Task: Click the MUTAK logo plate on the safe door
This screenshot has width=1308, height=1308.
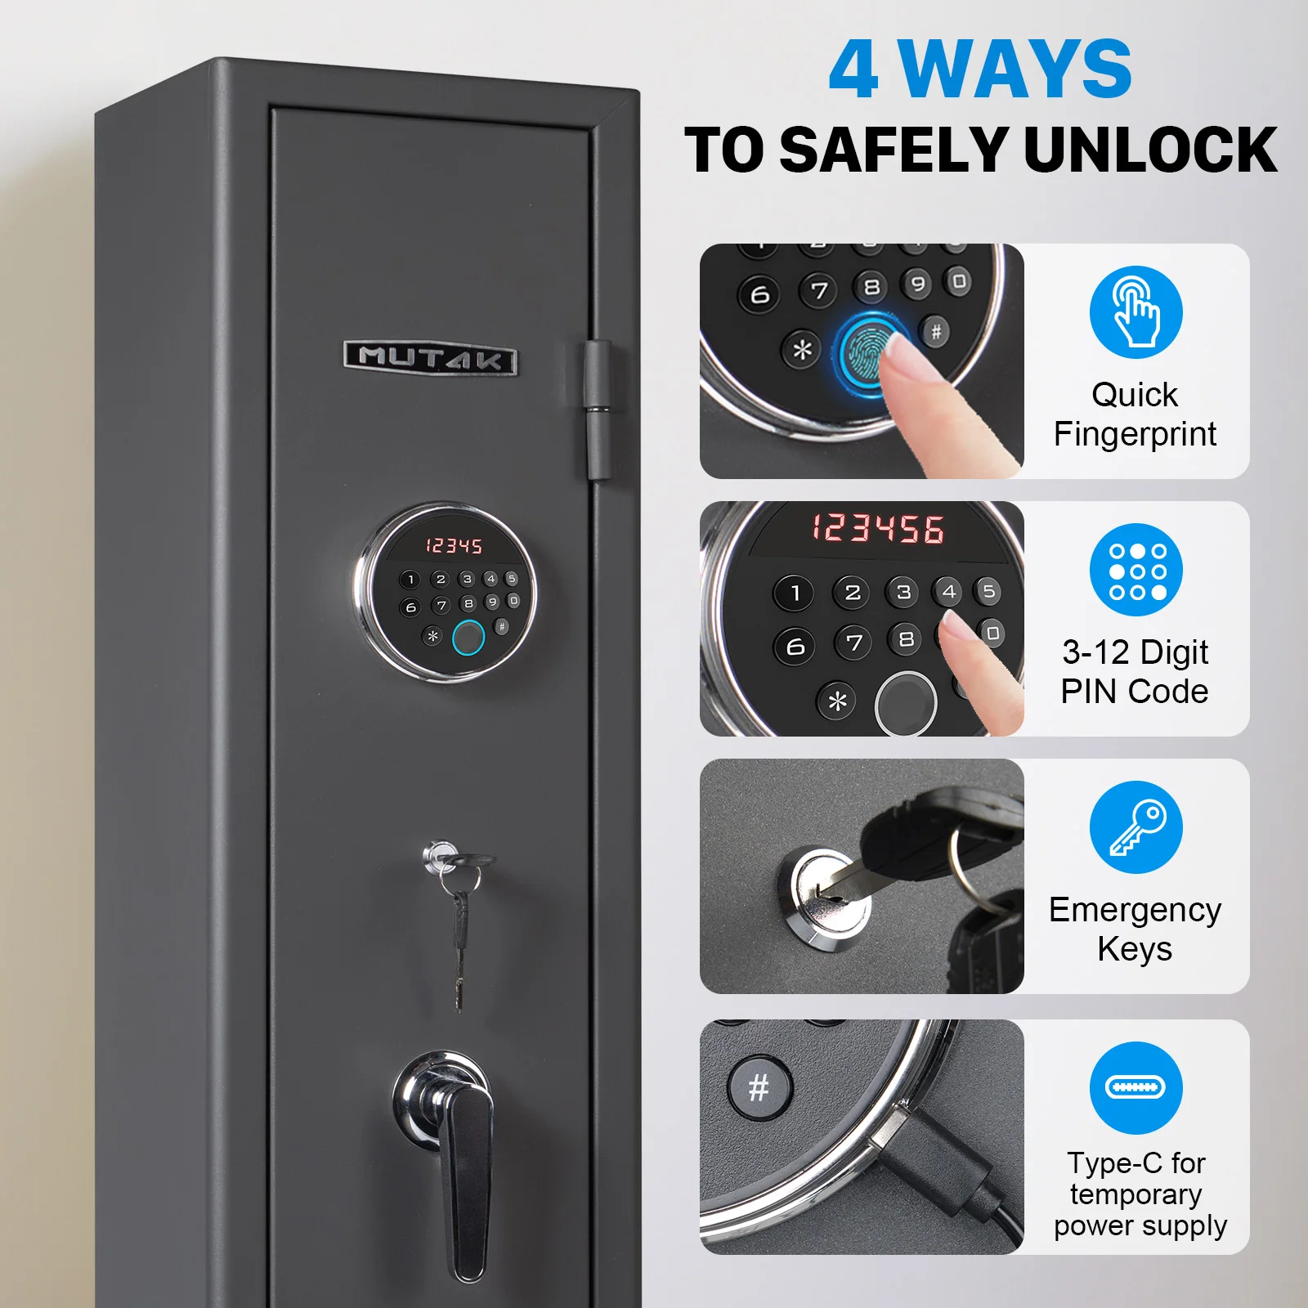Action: pyautogui.click(x=431, y=358)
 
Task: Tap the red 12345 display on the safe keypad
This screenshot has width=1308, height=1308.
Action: pyautogui.click(x=454, y=545)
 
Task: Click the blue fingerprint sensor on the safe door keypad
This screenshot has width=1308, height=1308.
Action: pyautogui.click(x=468, y=638)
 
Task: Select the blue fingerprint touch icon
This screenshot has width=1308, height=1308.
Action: pyautogui.click(x=1136, y=312)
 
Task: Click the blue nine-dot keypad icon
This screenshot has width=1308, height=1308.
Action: pyautogui.click(x=1136, y=571)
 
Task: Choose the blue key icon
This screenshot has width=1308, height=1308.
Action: pyautogui.click(x=1136, y=828)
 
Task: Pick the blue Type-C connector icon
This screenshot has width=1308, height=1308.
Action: pyautogui.click(x=1136, y=1087)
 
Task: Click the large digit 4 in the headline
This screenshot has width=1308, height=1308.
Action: pyautogui.click(x=853, y=70)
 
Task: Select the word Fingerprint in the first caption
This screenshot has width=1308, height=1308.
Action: pyautogui.click(x=1135, y=434)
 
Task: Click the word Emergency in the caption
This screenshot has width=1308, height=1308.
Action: pyautogui.click(x=1135, y=910)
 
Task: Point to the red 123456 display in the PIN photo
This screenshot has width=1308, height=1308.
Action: pyautogui.click(x=878, y=528)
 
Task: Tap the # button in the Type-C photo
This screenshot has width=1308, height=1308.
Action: pyautogui.click(x=759, y=1087)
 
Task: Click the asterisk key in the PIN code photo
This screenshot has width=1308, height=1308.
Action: pyautogui.click(x=838, y=701)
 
